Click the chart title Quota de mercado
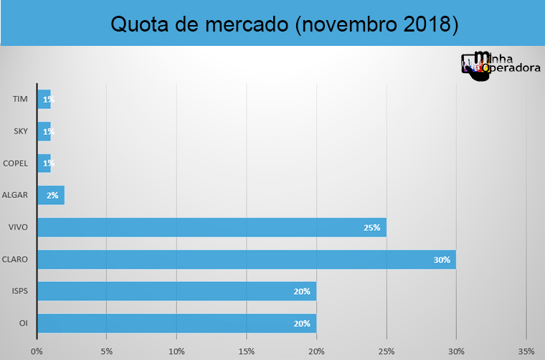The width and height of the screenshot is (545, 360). click(x=284, y=24)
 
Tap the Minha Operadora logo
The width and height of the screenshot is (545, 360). click(x=500, y=65)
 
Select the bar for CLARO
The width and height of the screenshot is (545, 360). click(x=246, y=260)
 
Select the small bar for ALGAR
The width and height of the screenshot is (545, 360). click(x=51, y=195)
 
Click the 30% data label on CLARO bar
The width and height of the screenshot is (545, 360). click(x=441, y=260)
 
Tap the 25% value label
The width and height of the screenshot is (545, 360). click(x=371, y=227)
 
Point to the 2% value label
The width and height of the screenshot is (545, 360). click(x=52, y=195)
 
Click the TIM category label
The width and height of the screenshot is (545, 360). click(x=20, y=99)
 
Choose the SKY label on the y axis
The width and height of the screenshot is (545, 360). click(x=20, y=131)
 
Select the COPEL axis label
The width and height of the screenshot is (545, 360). click(x=16, y=163)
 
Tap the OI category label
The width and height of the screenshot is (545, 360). click(x=24, y=323)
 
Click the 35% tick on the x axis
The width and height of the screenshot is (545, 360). click(x=526, y=351)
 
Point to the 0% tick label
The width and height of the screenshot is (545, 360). click(x=37, y=351)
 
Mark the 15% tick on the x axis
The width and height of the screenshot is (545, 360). click(x=246, y=351)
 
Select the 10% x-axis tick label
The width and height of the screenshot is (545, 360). click(x=176, y=351)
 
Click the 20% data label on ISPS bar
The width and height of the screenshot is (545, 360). click(x=301, y=291)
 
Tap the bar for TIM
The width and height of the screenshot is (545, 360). click(x=44, y=99)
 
